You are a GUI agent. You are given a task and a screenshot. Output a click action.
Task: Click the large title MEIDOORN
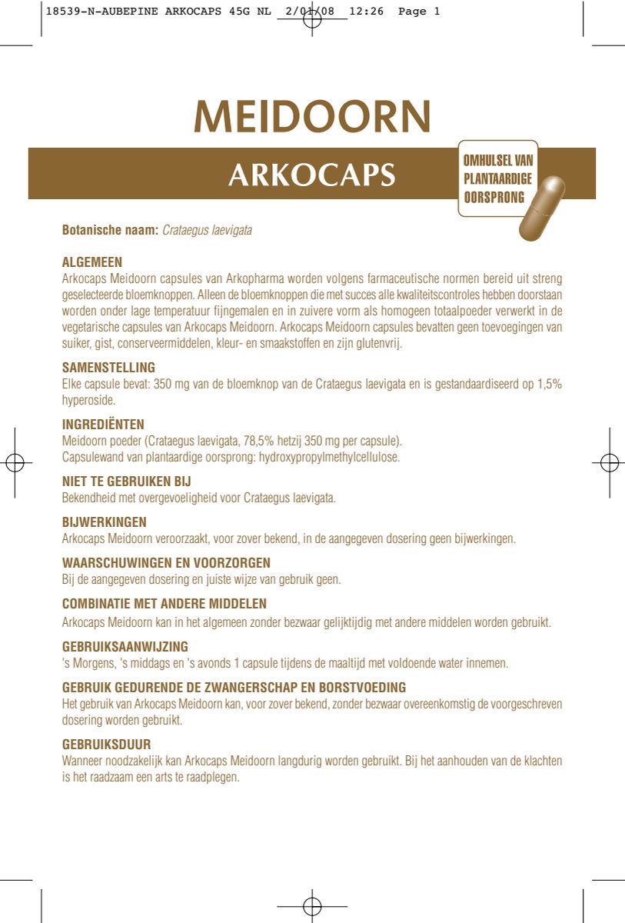[x=312, y=116]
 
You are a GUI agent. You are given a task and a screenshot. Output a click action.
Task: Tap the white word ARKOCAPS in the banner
[x=311, y=175]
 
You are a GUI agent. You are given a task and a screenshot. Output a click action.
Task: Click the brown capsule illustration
[x=542, y=208]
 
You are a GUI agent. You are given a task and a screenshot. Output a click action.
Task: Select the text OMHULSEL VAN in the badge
[x=497, y=162]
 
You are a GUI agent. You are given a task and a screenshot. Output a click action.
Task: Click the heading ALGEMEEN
[x=91, y=262]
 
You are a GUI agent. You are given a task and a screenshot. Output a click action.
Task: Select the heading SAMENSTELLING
[x=108, y=368]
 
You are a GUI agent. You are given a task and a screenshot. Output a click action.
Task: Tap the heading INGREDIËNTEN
[x=103, y=425]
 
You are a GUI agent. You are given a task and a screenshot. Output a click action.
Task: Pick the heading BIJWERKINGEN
[x=104, y=522]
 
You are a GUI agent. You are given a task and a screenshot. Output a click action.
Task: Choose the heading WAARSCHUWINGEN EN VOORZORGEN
[x=166, y=563]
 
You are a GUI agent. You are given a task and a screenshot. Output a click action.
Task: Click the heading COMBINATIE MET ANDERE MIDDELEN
[x=164, y=605]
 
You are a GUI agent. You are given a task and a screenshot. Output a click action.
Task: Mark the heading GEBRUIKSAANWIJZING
[x=125, y=646]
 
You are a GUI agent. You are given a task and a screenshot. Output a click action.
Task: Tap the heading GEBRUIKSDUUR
[x=106, y=745]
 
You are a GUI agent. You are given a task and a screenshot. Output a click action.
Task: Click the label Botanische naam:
[x=110, y=230]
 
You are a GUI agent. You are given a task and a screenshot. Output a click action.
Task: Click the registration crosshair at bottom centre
[x=311, y=906]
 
